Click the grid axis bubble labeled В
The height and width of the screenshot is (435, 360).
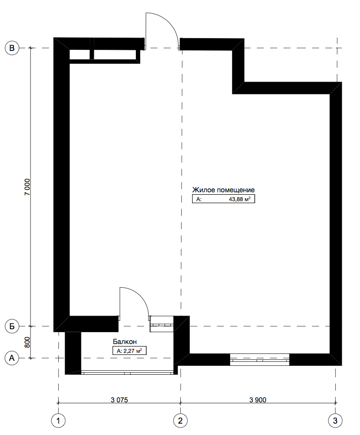(x=12, y=48)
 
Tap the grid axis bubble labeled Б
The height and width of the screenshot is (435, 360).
(x=12, y=326)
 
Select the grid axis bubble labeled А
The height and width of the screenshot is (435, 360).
(x=12, y=358)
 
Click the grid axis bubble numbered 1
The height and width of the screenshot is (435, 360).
(x=58, y=421)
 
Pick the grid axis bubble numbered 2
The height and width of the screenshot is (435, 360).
(x=180, y=421)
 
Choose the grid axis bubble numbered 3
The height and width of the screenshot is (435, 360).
(x=335, y=421)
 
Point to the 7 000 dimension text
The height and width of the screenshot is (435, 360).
(x=27, y=187)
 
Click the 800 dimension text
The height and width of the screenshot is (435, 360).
(x=27, y=343)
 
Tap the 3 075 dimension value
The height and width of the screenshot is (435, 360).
(x=120, y=400)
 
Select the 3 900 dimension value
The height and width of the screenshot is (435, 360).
(x=258, y=400)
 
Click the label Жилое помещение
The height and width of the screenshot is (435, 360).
(x=223, y=190)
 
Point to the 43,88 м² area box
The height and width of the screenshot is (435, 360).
(x=223, y=199)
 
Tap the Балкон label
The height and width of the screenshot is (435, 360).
(x=125, y=342)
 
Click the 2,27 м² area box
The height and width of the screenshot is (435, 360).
(x=129, y=351)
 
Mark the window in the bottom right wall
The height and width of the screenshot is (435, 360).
(x=260, y=359)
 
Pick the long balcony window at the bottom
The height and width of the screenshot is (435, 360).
(x=129, y=373)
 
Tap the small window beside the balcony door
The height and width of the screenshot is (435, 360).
(x=162, y=324)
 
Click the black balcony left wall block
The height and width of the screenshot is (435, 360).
(x=73, y=353)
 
